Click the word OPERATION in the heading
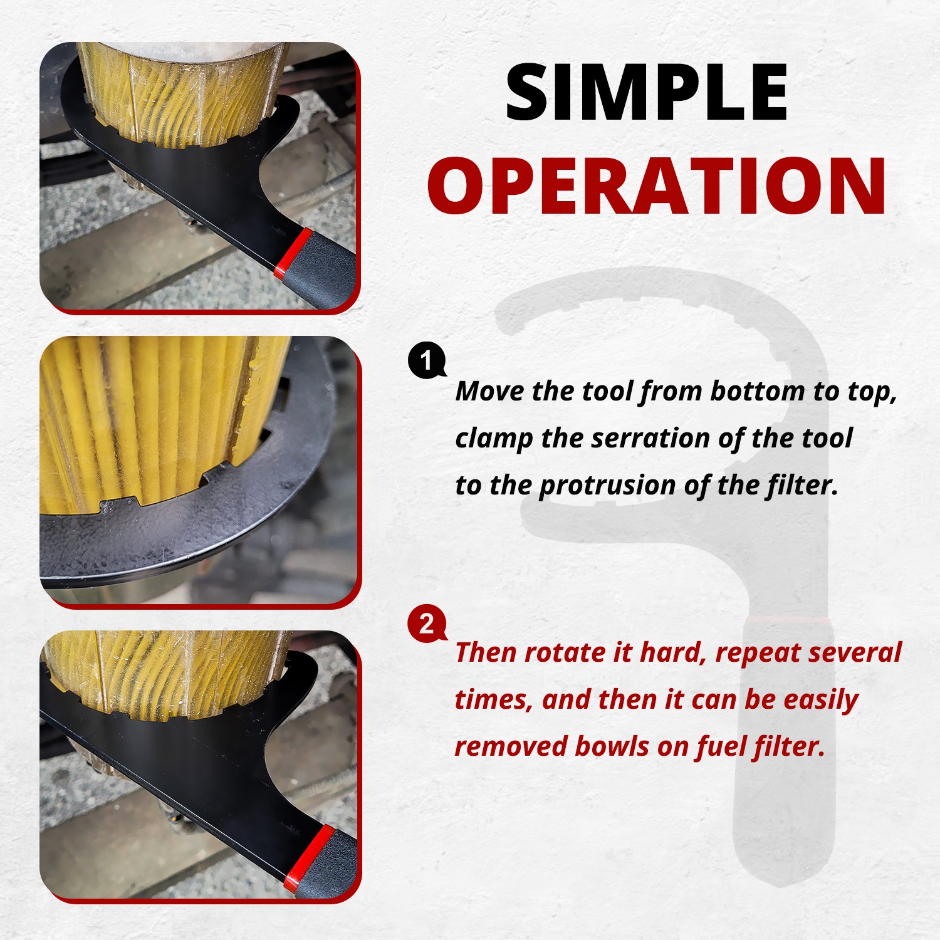657,186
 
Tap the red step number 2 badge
427,624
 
